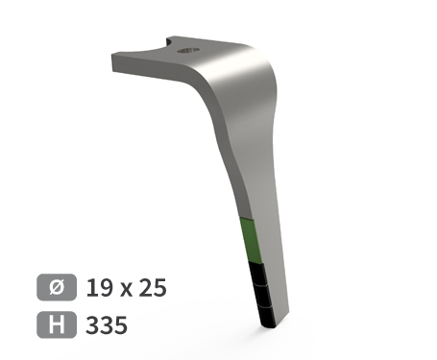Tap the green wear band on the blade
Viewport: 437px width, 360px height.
tap(248, 240)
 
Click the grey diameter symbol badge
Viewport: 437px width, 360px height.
tap(56, 287)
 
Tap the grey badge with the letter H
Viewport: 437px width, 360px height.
tap(56, 325)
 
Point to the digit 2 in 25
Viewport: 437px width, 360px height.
tap(148, 287)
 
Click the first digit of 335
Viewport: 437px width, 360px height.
tap(92, 325)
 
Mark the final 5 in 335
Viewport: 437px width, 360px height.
tap(120, 325)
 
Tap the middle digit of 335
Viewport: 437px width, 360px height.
tap(106, 325)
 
